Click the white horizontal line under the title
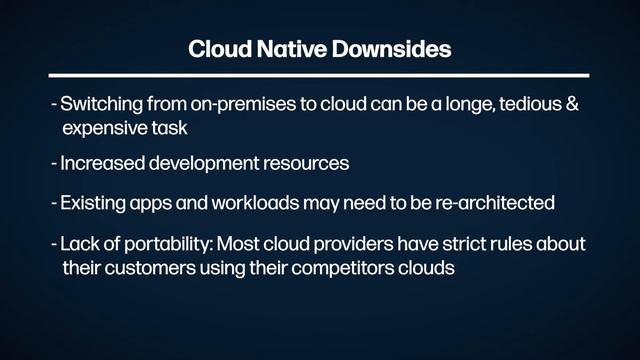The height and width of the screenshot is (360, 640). pyautogui.click(x=320, y=76)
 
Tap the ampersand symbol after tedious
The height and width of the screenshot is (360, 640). pyautogui.click(x=572, y=105)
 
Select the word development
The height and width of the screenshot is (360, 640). pyautogui.click(x=209, y=163)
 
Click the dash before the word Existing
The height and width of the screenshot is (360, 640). pyautogui.click(x=53, y=203)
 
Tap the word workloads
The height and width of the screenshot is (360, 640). pyautogui.click(x=263, y=203)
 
